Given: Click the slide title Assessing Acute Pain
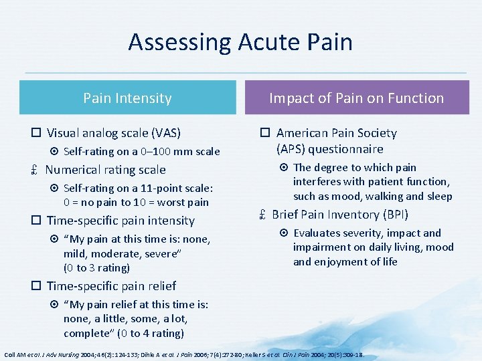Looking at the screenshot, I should point(240,42).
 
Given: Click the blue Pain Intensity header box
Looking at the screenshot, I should point(127,98).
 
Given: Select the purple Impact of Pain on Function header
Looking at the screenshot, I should point(356,98).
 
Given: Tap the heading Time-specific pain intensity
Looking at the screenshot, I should point(120,221).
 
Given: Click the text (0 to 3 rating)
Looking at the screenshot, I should point(96,268).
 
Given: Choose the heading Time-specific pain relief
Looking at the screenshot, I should point(111,286).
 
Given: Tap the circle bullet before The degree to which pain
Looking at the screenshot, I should point(284,168).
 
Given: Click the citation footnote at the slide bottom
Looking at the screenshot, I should point(183,353).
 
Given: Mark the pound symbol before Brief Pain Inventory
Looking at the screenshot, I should point(262,215).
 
